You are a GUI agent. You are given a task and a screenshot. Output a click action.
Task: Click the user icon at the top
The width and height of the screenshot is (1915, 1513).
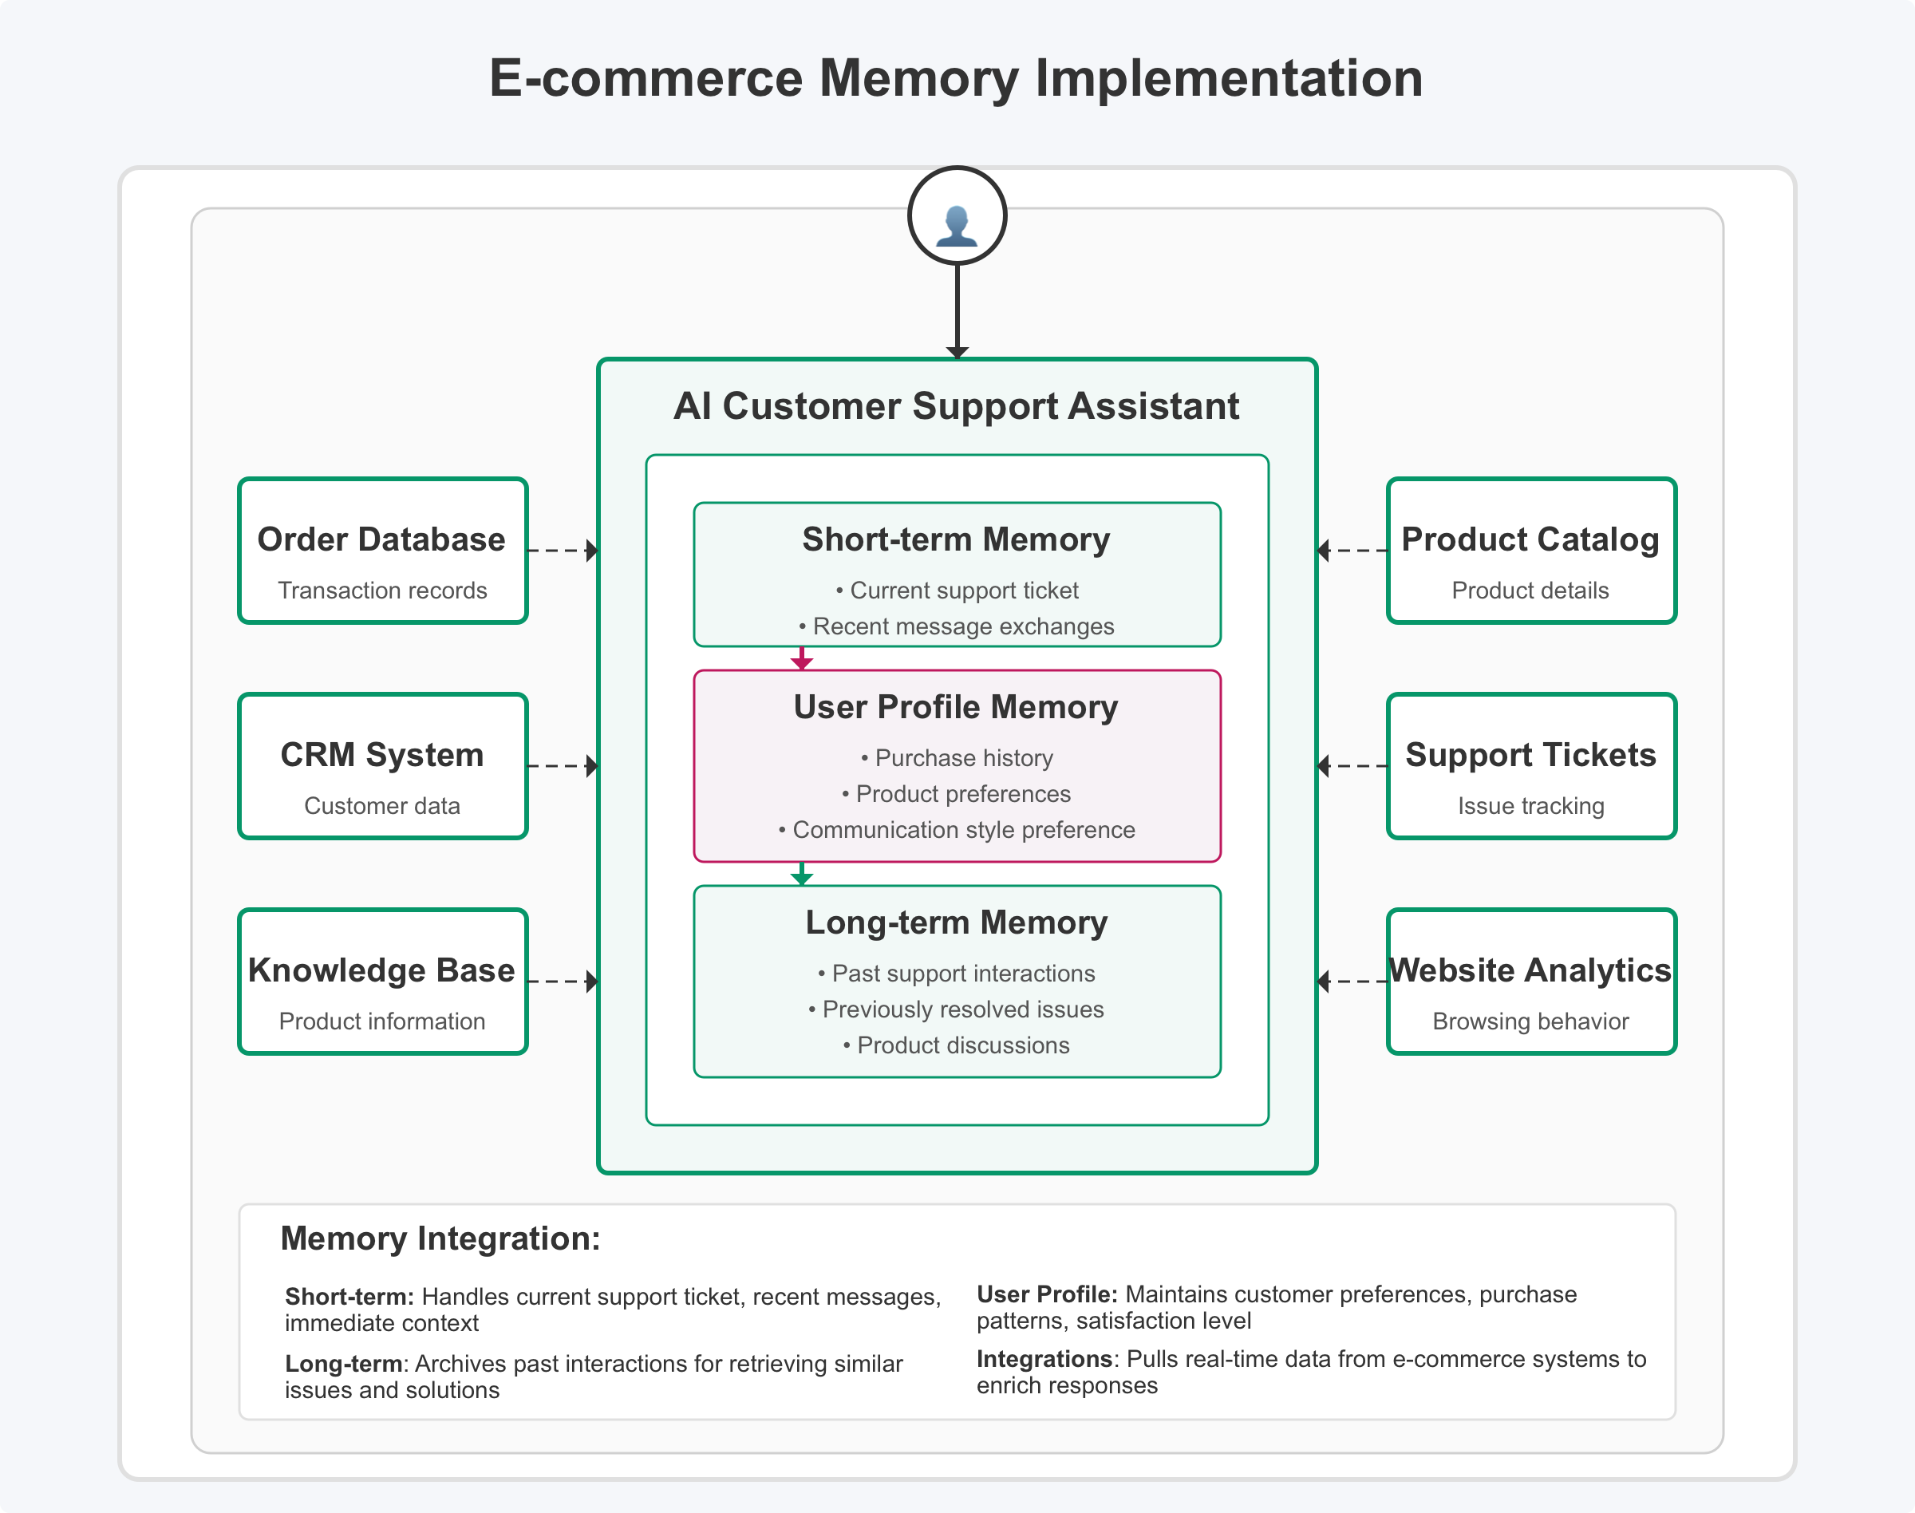[x=957, y=215]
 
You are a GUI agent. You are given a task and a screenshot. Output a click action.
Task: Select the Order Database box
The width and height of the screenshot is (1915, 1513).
[x=383, y=551]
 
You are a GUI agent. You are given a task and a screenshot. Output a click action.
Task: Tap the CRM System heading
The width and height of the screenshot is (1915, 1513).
[x=383, y=755]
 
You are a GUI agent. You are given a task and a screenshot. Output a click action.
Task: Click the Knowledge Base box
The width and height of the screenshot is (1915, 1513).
[x=383, y=982]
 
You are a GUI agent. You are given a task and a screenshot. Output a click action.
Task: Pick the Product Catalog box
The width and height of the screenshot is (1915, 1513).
[x=1530, y=551]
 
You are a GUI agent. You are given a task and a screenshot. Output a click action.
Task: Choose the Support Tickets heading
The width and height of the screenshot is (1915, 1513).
[x=1530, y=755]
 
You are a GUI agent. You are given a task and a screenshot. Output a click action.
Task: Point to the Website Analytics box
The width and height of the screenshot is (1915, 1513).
[x=1530, y=982]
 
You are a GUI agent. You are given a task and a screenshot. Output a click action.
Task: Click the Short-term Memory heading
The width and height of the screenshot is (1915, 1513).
[x=956, y=539]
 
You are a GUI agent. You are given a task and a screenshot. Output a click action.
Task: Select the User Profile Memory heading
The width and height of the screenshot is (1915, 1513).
[x=956, y=707]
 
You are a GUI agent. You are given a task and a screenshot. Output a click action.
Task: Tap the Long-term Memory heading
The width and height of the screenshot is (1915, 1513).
[x=956, y=922]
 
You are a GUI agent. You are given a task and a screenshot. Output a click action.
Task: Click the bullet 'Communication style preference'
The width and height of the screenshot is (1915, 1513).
[x=957, y=830]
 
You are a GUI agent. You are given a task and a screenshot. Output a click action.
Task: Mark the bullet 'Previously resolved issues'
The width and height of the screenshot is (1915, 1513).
[x=957, y=1009]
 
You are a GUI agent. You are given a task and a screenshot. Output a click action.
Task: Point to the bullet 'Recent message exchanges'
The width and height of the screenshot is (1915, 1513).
[x=957, y=626]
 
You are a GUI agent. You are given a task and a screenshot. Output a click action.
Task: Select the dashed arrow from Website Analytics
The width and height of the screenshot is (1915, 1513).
[x=1352, y=982]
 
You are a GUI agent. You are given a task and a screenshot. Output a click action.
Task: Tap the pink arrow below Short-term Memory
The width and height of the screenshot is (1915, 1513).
[x=802, y=658]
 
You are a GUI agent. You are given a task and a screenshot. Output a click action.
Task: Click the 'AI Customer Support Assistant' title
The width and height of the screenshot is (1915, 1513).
[x=956, y=405]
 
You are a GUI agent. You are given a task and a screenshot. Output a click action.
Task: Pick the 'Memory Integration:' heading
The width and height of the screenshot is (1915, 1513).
[x=440, y=1238]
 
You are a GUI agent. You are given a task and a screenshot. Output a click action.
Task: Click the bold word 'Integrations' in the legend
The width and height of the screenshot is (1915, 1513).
[x=1044, y=1359]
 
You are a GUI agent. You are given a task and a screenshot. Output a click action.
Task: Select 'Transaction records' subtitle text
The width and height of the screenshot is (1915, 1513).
[x=383, y=591]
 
